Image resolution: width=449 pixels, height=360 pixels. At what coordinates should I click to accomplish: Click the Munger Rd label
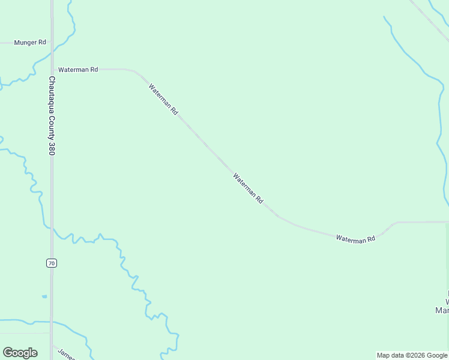click(x=30, y=43)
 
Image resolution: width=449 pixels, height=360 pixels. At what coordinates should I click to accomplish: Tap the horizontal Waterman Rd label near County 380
click(x=78, y=70)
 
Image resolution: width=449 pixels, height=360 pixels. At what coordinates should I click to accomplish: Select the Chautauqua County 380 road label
click(x=52, y=116)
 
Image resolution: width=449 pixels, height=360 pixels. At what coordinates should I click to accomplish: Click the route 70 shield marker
click(x=52, y=263)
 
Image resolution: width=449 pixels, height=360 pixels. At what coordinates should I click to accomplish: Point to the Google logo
click(x=20, y=353)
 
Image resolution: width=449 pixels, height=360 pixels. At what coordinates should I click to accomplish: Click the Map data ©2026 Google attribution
click(x=412, y=355)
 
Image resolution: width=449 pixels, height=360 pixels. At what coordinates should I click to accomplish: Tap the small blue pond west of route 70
click(x=44, y=296)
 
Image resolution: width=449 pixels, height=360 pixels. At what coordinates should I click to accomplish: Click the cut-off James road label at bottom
click(x=67, y=353)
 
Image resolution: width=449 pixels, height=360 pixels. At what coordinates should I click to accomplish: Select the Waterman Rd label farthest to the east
click(x=355, y=239)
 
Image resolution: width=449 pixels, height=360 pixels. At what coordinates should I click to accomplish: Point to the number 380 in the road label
click(x=52, y=148)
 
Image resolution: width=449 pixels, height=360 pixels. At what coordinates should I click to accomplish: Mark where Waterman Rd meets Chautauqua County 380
click(x=52, y=70)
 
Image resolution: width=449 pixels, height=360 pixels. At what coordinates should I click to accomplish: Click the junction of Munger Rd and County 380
click(x=52, y=43)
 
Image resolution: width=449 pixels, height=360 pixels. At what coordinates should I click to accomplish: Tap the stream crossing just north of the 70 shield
click(x=52, y=229)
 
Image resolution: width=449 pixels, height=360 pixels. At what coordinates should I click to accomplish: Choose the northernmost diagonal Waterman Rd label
click(x=163, y=100)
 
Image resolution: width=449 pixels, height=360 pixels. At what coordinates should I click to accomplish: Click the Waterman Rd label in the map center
click(x=248, y=188)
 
